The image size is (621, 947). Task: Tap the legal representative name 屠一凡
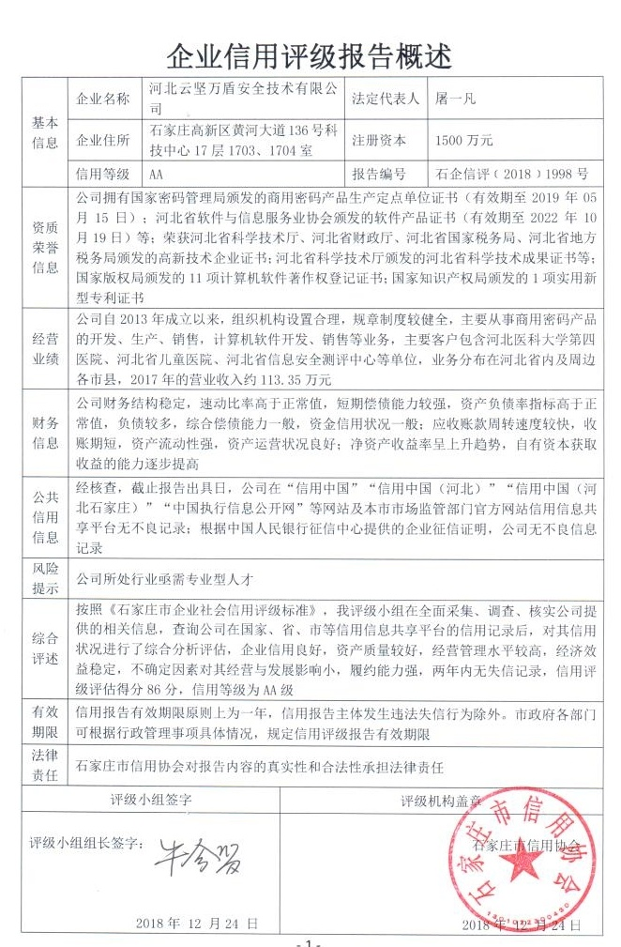[454, 99]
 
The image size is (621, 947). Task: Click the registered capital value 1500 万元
[464, 141]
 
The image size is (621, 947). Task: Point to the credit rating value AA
[157, 174]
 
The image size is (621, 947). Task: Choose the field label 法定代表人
[386, 99]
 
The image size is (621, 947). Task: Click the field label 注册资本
[379, 141]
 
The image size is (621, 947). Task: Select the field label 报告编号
[379, 174]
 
